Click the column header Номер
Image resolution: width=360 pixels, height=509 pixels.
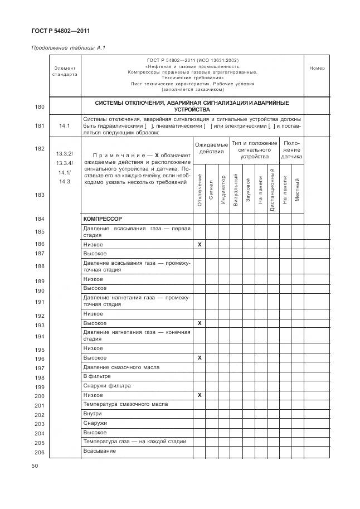click(317, 69)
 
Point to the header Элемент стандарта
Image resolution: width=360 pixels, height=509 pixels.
click(65, 71)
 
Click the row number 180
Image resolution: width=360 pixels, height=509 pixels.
click(40, 106)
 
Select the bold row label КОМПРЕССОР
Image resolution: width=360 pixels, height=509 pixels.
click(103, 219)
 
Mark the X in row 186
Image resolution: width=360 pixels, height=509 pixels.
click(200, 245)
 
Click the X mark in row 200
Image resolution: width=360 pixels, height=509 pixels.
click(200, 395)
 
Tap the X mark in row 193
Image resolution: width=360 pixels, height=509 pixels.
click(200, 323)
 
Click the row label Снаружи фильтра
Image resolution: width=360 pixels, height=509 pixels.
click(106, 386)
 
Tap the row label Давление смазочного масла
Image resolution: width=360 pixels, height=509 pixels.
click(113, 367)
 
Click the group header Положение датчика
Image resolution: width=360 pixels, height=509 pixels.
click(291, 150)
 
